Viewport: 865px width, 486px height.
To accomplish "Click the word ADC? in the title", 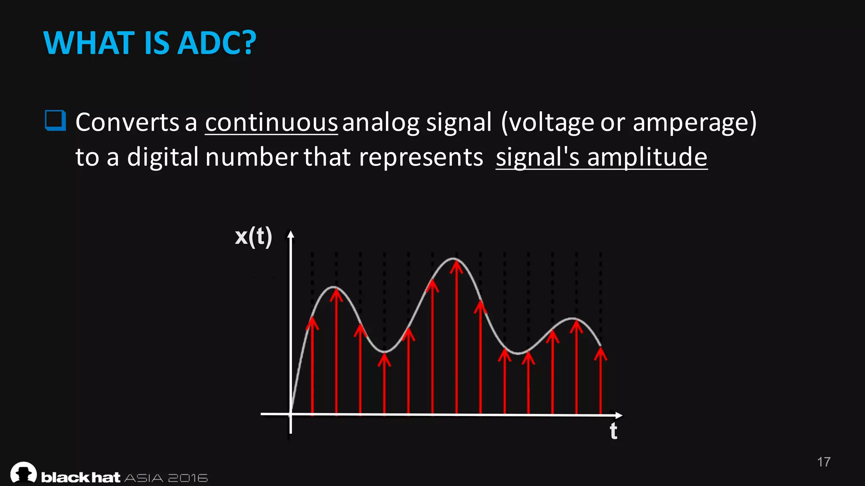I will tap(217, 43).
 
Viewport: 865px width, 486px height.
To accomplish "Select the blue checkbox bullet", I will tap(55, 121).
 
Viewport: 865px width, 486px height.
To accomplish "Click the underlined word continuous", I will tap(271, 122).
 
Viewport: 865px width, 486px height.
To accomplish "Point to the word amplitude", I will tap(647, 157).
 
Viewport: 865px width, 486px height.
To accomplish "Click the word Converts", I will tap(128, 122).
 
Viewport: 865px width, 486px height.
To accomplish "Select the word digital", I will tap(163, 157).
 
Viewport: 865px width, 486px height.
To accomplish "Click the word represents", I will tap(421, 157).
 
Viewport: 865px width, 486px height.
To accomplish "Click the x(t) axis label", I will tap(253, 236).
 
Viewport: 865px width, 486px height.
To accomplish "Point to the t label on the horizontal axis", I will tap(613, 431).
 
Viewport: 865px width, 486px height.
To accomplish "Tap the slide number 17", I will tap(824, 462).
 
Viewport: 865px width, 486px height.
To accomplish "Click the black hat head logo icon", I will tap(24, 472).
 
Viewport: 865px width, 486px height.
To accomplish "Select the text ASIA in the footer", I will tap(144, 478).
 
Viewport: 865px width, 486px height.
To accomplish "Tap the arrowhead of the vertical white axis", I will tap(291, 234).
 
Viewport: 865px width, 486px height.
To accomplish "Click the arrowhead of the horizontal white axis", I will tap(619, 415).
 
